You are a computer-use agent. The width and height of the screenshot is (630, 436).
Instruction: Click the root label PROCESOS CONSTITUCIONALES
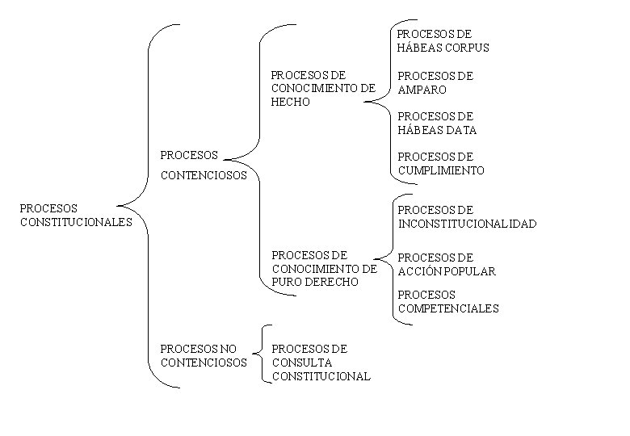[x=75, y=215]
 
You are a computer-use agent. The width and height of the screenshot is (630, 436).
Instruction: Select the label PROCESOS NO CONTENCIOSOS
[x=204, y=355]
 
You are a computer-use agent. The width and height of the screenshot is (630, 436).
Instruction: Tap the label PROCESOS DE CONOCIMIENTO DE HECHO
[x=322, y=88]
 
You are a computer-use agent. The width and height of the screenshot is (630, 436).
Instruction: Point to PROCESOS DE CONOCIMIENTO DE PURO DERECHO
[x=324, y=268]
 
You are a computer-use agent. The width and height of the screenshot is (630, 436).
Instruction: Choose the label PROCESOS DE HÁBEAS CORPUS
[x=443, y=40]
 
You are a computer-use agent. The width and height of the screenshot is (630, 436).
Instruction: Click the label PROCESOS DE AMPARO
[x=435, y=82]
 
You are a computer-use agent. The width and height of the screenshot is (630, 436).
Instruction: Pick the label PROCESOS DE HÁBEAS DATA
[x=437, y=123]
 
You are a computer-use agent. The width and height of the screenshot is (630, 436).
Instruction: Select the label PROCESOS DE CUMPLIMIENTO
[x=441, y=163]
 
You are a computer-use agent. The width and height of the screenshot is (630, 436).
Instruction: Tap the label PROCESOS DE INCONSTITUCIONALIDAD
[x=467, y=216]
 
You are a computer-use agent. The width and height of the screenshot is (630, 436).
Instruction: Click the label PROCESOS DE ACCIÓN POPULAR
[x=446, y=264]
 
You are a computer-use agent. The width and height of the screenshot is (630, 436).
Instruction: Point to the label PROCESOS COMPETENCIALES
[x=448, y=301]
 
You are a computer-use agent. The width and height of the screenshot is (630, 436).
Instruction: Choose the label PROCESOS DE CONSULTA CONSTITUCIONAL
[x=321, y=362]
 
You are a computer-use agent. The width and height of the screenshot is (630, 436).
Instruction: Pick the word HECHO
[x=290, y=102]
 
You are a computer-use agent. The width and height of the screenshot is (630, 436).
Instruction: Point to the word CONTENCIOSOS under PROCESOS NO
[x=204, y=363]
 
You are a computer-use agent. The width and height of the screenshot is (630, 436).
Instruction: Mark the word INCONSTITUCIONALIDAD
[x=467, y=224]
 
